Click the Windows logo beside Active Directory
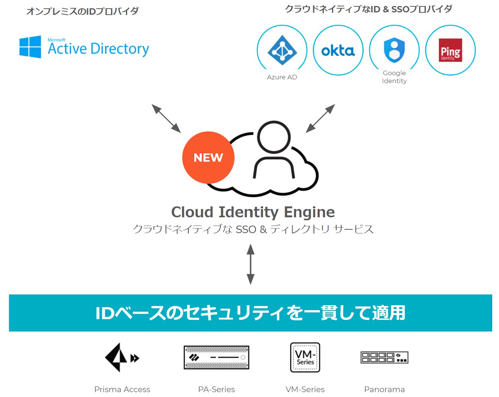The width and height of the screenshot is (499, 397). pyautogui.click(x=30, y=47)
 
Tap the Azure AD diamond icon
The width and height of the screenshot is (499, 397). pyautogui.click(x=282, y=50)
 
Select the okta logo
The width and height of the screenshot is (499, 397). pyautogui.click(x=338, y=51)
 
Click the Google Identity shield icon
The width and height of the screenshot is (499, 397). pyautogui.click(x=394, y=50)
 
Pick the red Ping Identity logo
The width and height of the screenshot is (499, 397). pyautogui.click(x=450, y=50)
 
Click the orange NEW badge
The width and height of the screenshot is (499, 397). pyautogui.click(x=208, y=158)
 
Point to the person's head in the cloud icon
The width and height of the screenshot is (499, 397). pyautogui.click(x=274, y=137)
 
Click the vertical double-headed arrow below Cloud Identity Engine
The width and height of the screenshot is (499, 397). pyautogui.click(x=250, y=264)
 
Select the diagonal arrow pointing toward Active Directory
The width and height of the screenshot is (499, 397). pyautogui.click(x=166, y=118)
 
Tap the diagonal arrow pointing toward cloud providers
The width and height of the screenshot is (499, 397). pyautogui.click(x=320, y=118)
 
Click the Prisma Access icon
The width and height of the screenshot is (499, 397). pyautogui.click(x=122, y=358)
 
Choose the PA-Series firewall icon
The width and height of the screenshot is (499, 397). pyautogui.click(x=216, y=358)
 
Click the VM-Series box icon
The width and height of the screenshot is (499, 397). pyautogui.click(x=305, y=358)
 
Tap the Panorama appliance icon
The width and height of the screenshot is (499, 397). pyautogui.click(x=385, y=358)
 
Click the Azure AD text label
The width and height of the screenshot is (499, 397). pyautogui.click(x=282, y=77)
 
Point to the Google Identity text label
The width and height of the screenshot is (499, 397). pyautogui.click(x=394, y=77)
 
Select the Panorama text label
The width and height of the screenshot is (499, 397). pyautogui.click(x=385, y=389)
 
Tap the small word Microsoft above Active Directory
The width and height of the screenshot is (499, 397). pyautogui.click(x=56, y=40)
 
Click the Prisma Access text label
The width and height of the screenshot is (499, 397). pyautogui.click(x=122, y=389)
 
